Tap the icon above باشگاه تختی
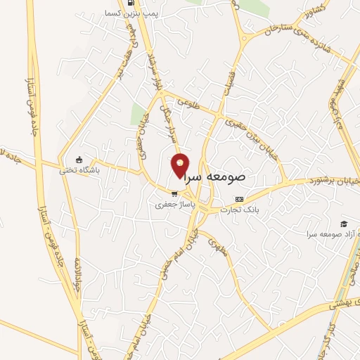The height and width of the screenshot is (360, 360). click(x=79, y=159)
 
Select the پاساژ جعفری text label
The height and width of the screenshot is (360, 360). click(x=172, y=207)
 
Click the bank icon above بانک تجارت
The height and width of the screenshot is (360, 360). click(x=239, y=199)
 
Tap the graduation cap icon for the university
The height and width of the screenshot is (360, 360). click(x=343, y=223)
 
